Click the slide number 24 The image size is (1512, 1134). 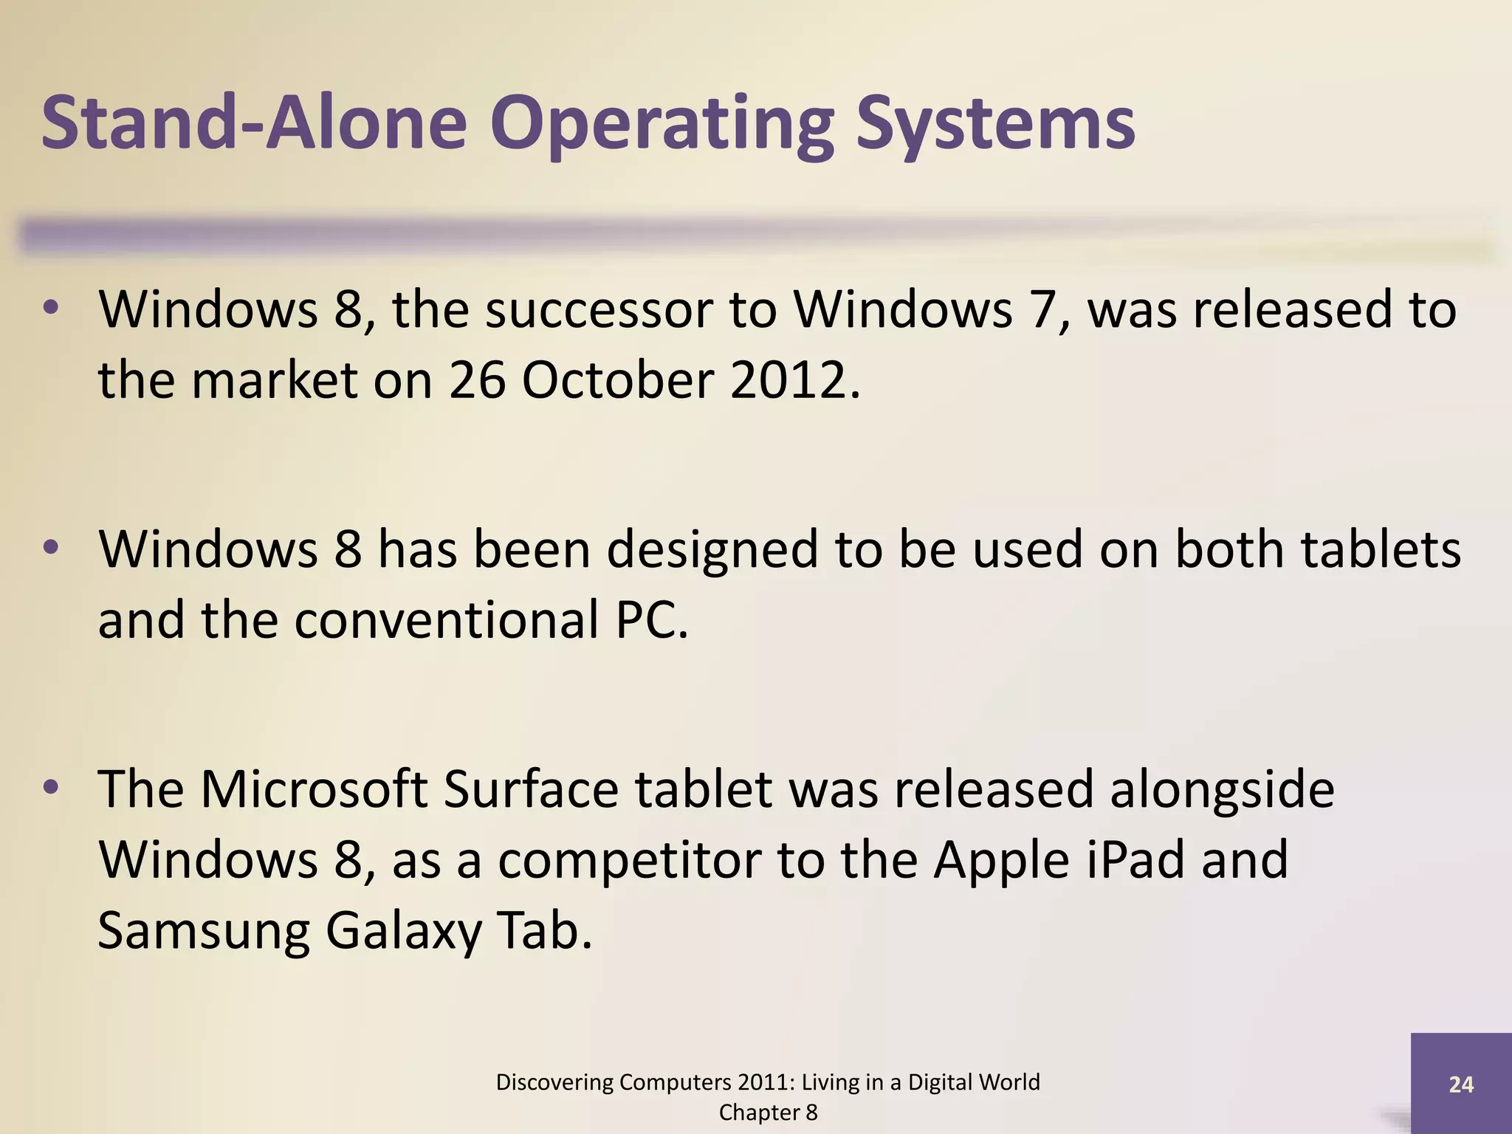1461,1084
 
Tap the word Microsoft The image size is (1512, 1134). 314,789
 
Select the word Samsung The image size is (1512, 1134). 204,932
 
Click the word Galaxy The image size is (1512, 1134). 403,932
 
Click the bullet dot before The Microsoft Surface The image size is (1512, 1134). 51,788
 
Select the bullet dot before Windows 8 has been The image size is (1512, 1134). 51,548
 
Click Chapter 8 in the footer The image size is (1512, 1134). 768,1113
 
